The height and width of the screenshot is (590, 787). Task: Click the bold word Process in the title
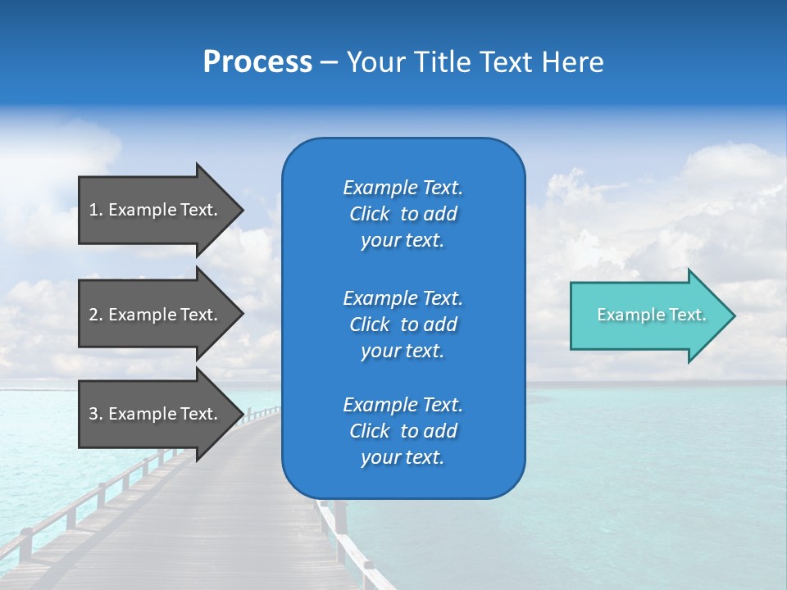pyautogui.click(x=257, y=62)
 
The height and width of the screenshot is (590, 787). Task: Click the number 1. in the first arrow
pyautogui.click(x=95, y=210)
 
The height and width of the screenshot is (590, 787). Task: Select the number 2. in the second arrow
pyautogui.click(x=95, y=315)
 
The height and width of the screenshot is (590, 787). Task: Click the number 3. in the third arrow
pyautogui.click(x=95, y=414)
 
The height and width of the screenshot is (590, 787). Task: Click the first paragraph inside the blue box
pyautogui.click(x=403, y=214)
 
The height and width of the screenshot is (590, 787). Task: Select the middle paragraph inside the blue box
pyautogui.click(x=403, y=324)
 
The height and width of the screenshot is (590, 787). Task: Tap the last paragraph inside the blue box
pyautogui.click(x=403, y=431)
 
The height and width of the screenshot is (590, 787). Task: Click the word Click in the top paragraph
pyautogui.click(x=370, y=215)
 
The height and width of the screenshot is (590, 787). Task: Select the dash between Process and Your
pyautogui.click(x=329, y=63)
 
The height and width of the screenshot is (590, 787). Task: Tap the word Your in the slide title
pyautogui.click(x=375, y=62)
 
